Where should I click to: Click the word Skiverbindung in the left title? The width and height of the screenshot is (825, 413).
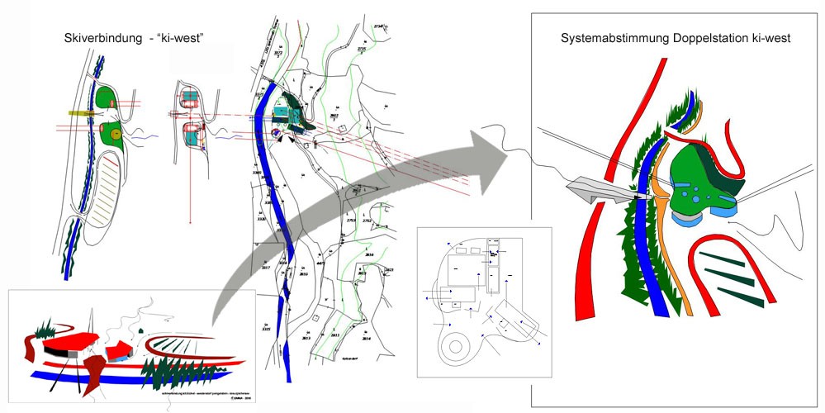[x=98, y=39]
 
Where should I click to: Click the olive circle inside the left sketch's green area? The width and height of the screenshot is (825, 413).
[x=116, y=132]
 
